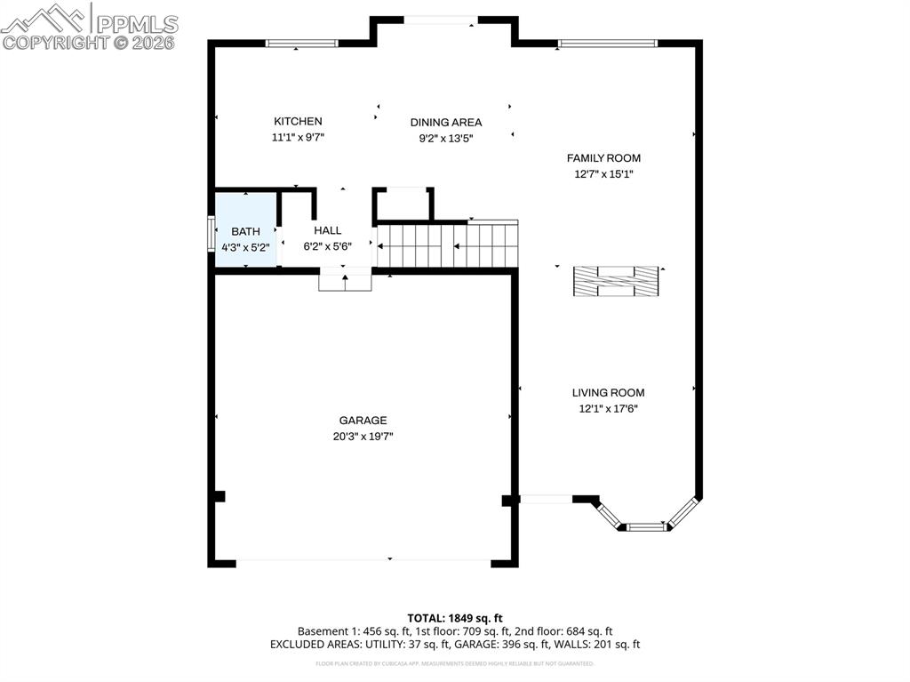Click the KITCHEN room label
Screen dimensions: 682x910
pos(298,122)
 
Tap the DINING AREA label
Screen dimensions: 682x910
pos(445,123)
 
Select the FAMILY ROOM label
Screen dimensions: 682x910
pos(603,158)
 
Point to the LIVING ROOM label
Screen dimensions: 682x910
pos(608,393)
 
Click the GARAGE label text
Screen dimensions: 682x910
pos(363,421)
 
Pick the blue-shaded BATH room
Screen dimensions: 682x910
pos(245,240)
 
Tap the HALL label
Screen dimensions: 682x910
pos(327,231)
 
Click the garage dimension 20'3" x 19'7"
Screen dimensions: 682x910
pos(363,437)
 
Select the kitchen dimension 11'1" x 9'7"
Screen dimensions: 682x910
pos(298,138)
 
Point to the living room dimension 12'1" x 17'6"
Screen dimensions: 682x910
pos(608,409)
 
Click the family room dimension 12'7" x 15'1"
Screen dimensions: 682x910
pos(603,174)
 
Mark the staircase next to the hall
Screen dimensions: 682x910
pos(447,245)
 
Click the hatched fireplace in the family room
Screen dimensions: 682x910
pos(616,281)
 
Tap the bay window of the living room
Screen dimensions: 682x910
pos(646,526)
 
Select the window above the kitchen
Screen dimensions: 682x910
pos(302,43)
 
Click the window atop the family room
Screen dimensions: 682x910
pos(607,43)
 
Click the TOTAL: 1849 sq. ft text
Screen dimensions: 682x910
pos(455,618)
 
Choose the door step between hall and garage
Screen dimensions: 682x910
pos(345,281)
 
